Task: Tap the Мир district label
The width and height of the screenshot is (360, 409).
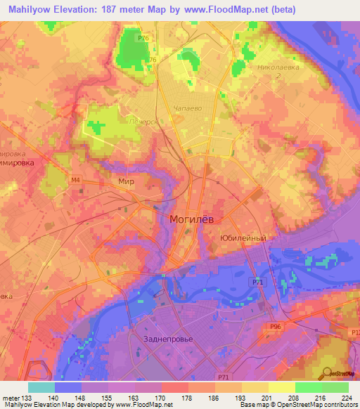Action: click(126, 181)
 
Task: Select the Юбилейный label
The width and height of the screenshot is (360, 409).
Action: click(243, 238)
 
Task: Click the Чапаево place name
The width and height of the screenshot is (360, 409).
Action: click(187, 109)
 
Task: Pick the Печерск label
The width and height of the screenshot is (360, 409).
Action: click(142, 121)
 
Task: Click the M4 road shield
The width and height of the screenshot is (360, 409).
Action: click(75, 180)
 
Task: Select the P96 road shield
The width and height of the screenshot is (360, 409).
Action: click(276, 327)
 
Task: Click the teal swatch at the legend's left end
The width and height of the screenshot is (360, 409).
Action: click(41, 387)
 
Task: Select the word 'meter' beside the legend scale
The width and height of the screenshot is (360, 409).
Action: click(10, 397)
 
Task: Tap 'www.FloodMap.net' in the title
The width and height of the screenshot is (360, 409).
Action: click(226, 10)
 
